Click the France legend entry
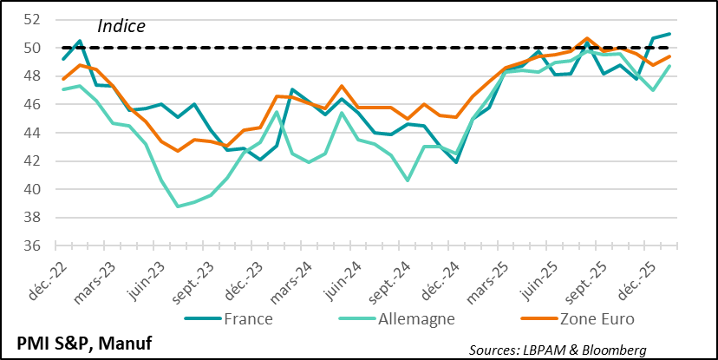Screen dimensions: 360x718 click(x=248, y=319)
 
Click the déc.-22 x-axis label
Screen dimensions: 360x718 click(x=49, y=275)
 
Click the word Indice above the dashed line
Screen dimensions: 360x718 click(x=121, y=26)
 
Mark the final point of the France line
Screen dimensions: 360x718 click(x=669, y=34)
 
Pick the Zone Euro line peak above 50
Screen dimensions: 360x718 click(x=587, y=38)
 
